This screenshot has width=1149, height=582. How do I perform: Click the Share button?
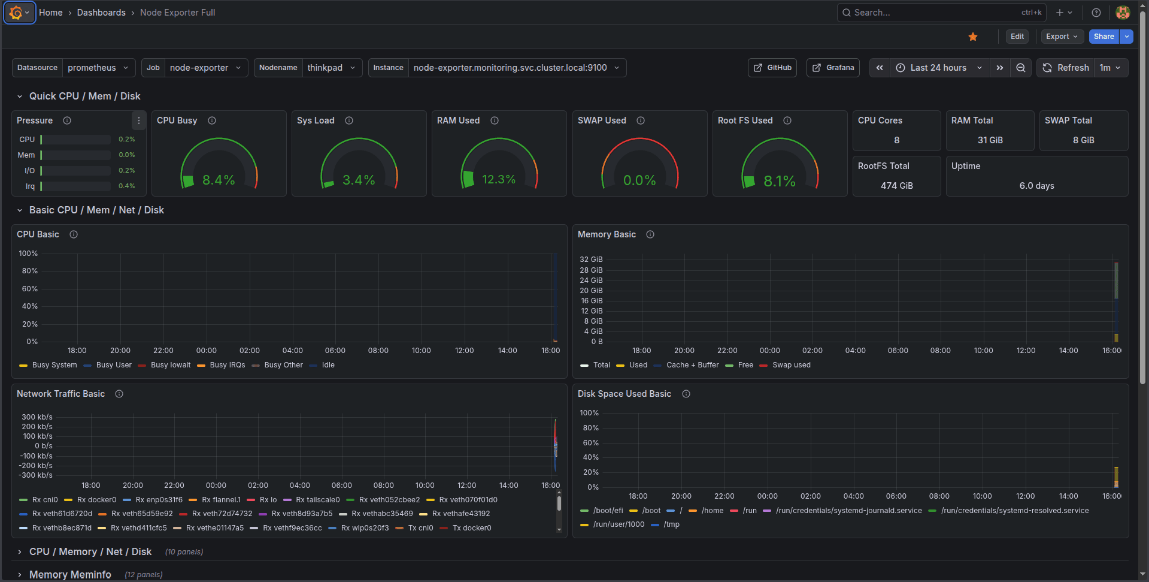[x=1103, y=37]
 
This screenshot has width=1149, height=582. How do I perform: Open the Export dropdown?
[x=1062, y=37]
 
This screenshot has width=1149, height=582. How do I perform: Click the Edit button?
[x=1017, y=37]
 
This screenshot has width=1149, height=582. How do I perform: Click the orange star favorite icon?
[x=973, y=37]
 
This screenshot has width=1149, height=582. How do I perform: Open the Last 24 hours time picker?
[x=938, y=68]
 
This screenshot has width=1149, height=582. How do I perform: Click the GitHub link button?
[x=772, y=68]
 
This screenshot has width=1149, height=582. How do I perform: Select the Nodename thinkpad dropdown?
[x=331, y=68]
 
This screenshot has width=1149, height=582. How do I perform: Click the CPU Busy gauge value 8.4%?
[x=219, y=180]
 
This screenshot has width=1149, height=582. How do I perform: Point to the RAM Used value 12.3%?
[x=499, y=180]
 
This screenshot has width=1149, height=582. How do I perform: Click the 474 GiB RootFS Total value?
[x=896, y=186]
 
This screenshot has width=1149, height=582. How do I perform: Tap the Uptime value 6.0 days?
[x=1036, y=186]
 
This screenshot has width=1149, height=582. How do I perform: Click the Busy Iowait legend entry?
[x=170, y=365]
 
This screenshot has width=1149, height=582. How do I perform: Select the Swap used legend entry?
[x=791, y=365]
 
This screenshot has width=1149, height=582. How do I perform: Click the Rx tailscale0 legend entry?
[x=317, y=500]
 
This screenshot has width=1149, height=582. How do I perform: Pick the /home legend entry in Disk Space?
[x=712, y=511]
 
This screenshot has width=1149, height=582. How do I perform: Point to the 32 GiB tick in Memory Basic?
[x=591, y=260]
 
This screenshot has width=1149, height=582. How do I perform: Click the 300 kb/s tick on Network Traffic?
[x=37, y=417]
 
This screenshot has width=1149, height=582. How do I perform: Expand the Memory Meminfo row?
[x=70, y=574]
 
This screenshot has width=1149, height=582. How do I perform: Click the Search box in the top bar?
[x=934, y=13]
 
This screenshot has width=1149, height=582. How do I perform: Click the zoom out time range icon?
[x=1021, y=68]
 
